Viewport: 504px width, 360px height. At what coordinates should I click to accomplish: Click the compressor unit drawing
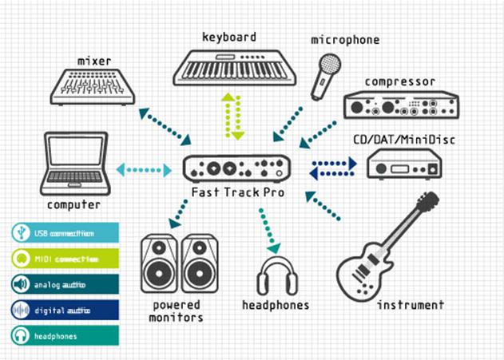click(x=401, y=105)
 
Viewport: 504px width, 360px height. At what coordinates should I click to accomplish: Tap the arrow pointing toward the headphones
click(x=269, y=227)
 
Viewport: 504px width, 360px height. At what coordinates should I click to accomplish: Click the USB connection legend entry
click(x=64, y=233)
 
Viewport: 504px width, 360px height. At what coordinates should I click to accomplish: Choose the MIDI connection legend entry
click(x=64, y=259)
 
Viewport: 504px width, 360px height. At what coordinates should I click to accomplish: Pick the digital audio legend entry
click(x=64, y=310)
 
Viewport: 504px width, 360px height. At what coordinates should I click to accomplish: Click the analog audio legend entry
click(x=64, y=284)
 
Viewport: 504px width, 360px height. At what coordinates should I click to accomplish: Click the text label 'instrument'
click(x=410, y=305)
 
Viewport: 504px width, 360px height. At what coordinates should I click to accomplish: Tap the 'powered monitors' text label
click(x=177, y=311)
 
